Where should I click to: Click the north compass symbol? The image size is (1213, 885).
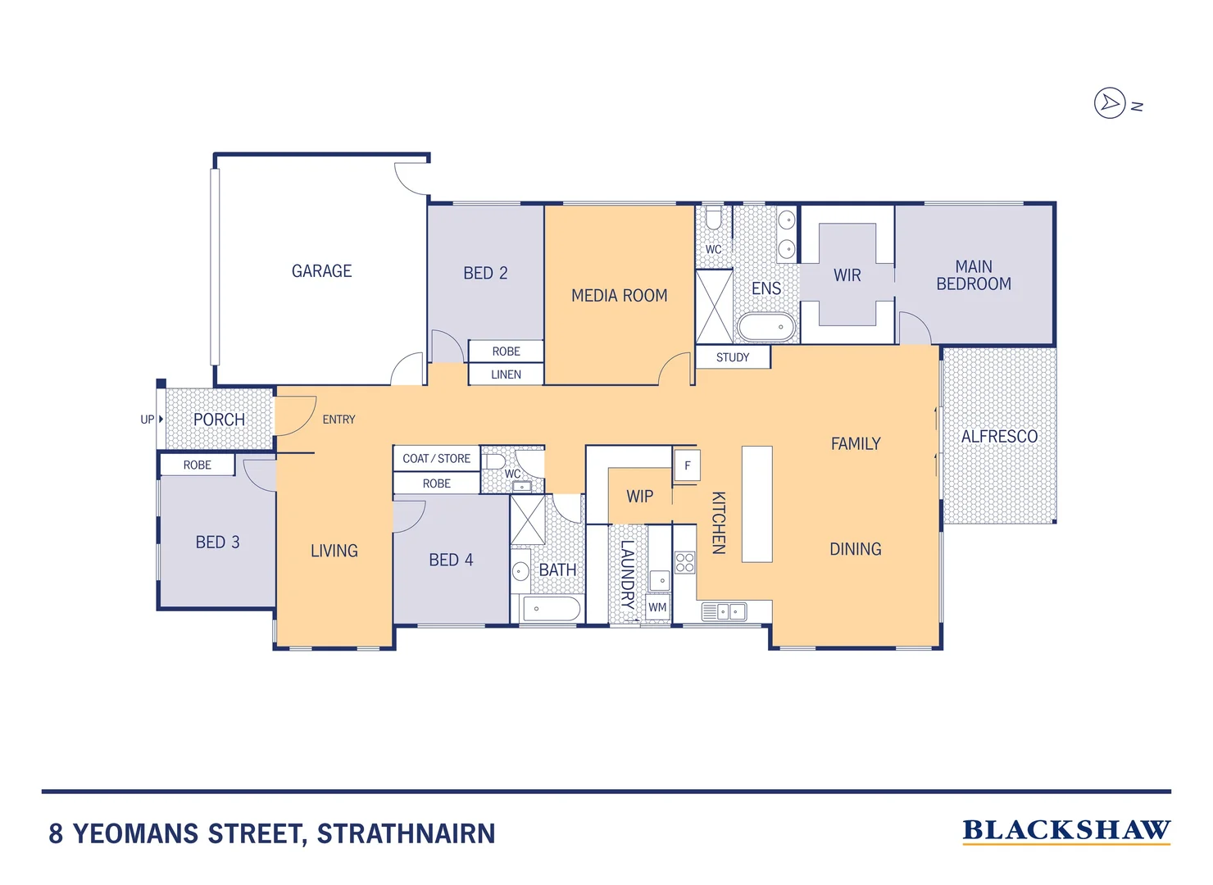(1110, 103)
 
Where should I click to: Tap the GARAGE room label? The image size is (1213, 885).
(321, 271)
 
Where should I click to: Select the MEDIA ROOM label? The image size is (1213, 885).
(619, 296)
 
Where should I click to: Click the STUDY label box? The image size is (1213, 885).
(733, 357)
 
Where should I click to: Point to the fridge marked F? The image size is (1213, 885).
(687, 465)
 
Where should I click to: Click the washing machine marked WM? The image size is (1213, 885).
(657, 608)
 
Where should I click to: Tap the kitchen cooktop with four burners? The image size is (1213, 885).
(684, 562)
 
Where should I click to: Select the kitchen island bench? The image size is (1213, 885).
(756, 504)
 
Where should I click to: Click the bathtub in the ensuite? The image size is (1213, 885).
(766, 327)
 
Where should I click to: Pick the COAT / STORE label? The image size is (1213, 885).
(436, 459)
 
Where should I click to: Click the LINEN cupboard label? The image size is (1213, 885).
(506, 374)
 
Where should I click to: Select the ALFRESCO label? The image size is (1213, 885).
(998, 437)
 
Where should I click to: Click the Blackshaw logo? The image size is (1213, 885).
(1065, 831)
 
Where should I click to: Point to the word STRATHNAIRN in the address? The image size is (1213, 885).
(406, 834)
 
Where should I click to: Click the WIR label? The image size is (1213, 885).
(847, 275)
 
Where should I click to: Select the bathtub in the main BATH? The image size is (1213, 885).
(551, 609)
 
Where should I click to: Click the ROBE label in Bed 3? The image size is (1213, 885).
(197, 465)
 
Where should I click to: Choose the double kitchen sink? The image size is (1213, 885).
(725, 611)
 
